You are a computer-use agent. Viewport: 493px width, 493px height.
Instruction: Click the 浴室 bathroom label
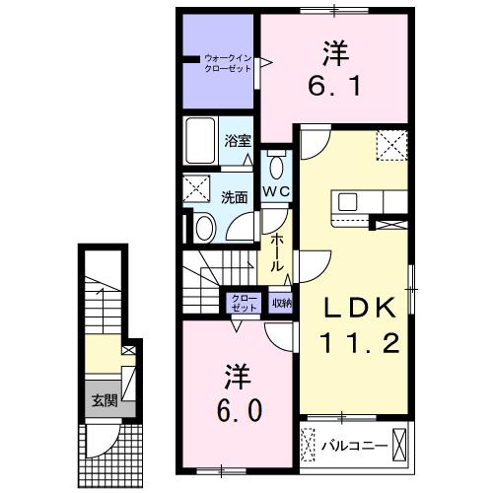[x=236, y=141]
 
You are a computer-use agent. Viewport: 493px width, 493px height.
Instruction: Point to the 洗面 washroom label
[x=234, y=196]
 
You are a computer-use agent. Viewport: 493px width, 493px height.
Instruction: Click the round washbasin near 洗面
[x=203, y=228]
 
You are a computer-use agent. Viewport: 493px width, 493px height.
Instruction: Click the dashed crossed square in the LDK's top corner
[x=391, y=146]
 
